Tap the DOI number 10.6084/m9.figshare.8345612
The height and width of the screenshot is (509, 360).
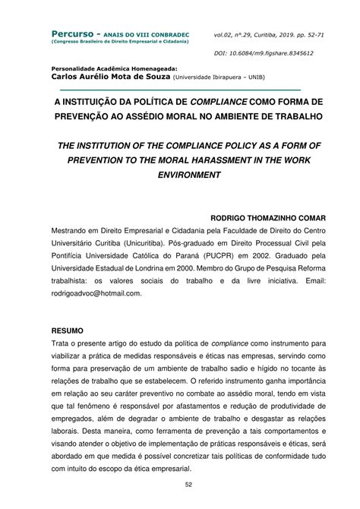click(270, 54)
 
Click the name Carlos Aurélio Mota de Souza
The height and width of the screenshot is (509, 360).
click(110, 77)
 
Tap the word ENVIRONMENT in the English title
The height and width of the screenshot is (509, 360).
click(179, 175)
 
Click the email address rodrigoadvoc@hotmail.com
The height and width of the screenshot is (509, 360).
click(97, 292)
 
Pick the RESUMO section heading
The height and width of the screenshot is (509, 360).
click(71, 331)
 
